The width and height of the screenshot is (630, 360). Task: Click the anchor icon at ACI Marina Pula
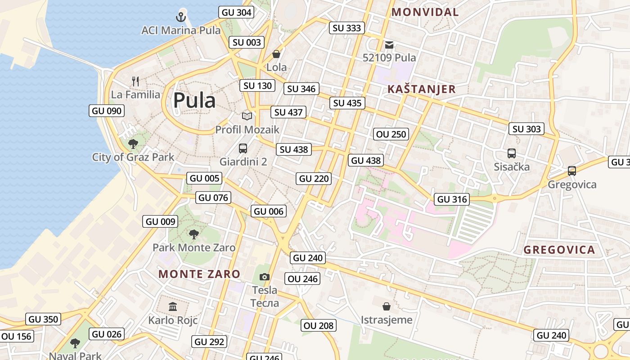click(x=180, y=18)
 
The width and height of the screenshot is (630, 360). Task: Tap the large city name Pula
click(x=194, y=100)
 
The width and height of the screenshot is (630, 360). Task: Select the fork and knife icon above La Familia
click(x=135, y=81)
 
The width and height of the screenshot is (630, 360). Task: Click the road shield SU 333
click(x=346, y=28)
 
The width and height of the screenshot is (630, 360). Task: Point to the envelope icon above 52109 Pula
click(x=389, y=45)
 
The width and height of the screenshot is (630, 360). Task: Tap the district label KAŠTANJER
click(x=422, y=89)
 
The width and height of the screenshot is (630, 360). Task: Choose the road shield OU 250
click(x=391, y=134)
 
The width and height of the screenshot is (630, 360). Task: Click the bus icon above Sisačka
click(x=512, y=153)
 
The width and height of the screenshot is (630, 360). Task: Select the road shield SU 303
click(x=526, y=129)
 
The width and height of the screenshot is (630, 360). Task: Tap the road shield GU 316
click(x=452, y=199)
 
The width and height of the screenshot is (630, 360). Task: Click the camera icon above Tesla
click(x=265, y=277)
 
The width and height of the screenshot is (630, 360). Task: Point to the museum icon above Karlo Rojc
click(x=173, y=307)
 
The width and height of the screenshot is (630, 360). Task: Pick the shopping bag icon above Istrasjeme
click(x=386, y=307)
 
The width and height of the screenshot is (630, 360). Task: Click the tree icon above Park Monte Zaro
click(x=194, y=234)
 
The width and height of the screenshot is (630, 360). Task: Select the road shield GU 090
click(x=107, y=111)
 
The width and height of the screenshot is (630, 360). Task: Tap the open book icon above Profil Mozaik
click(x=247, y=117)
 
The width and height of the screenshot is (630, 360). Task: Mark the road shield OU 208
click(x=319, y=325)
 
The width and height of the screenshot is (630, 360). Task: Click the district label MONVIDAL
click(x=425, y=12)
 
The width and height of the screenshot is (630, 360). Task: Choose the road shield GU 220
click(x=314, y=179)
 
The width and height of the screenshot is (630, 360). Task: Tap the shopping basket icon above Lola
click(x=276, y=54)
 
